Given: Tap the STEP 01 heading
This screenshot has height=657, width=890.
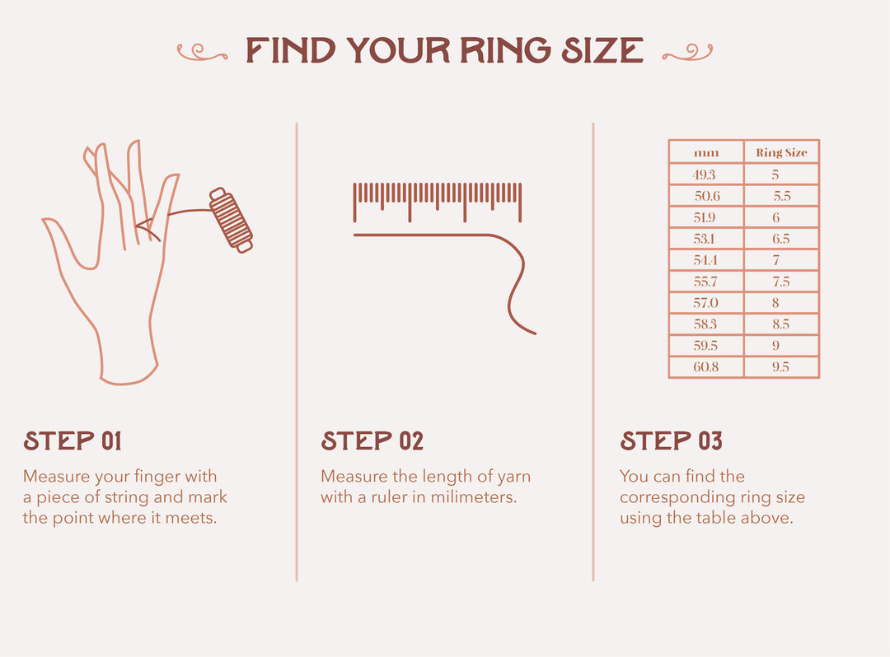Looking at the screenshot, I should (x=73, y=441).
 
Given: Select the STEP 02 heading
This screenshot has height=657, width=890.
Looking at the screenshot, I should (x=372, y=441).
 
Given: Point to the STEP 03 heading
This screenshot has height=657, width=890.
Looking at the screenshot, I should (x=671, y=441).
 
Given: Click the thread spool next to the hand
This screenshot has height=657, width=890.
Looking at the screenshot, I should (x=231, y=220).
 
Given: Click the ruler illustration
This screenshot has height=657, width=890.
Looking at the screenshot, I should (x=438, y=201).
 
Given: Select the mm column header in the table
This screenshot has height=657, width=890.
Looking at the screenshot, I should (x=706, y=152).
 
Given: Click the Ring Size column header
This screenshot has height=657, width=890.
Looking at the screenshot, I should (x=781, y=152).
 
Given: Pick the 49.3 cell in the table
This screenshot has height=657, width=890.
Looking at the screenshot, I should (x=706, y=175).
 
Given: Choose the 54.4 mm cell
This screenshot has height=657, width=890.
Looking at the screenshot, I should (x=706, y=260).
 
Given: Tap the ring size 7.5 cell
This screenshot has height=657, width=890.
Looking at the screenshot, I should (x=781, y=282).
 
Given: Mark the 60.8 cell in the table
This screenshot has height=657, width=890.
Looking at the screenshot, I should (x=706, y=367).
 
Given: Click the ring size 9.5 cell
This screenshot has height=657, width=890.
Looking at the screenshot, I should (x=781, y=367).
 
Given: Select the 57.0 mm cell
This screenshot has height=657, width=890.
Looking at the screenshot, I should (x=706, y=303).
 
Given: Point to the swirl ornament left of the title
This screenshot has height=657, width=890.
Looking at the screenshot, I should (x=202, y=52).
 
